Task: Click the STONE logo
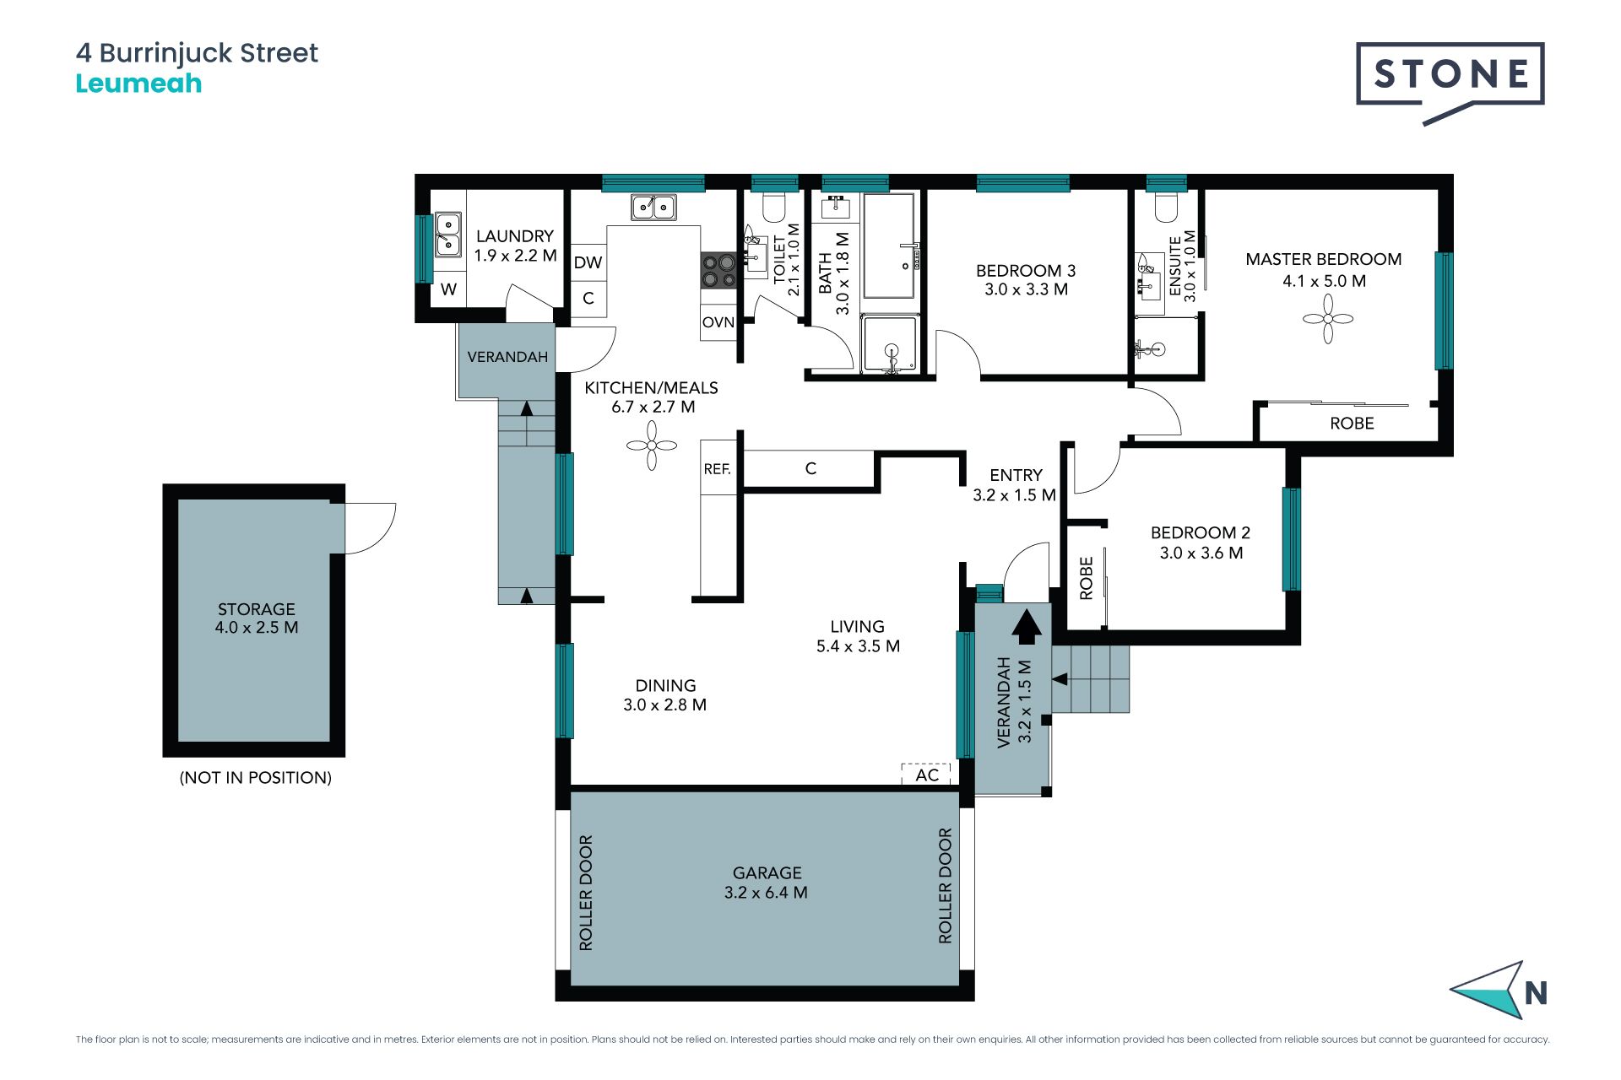click(1450, 83)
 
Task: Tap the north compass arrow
click(1489, 990)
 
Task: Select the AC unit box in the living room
click(926, 774)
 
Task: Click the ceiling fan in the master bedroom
click(1328, 319)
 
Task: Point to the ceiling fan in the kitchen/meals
click(652, 445)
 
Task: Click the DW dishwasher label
click(588, 262)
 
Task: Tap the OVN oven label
click(718, 322)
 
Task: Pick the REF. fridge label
click(717, 468)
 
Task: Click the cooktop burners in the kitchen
click(718, 270)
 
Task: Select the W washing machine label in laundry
click(448, 289)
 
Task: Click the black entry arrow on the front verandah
click(1027, 628)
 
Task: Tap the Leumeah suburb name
click(138, 84)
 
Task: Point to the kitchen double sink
click(653, 206)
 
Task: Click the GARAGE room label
click(767, 873)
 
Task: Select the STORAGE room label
click(257, 609)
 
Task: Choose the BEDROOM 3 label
click(1026, 271)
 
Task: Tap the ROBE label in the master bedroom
click(1352, 424)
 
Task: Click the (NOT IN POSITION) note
click(256, 778)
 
